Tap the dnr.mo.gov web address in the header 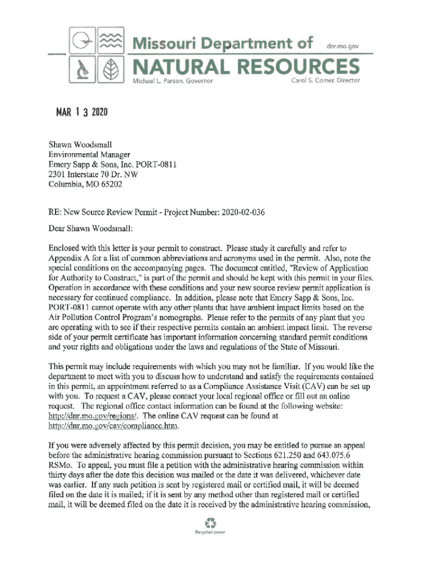click(343, 47)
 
